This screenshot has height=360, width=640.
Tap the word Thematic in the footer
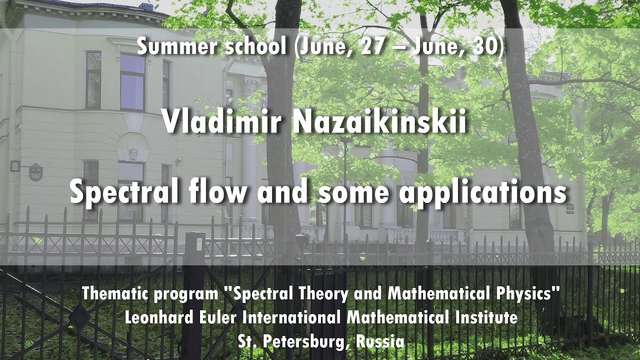(x=115, y=293)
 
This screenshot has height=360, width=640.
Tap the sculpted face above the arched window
(x=133, y=154)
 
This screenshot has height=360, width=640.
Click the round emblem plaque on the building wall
(x=35, y=172)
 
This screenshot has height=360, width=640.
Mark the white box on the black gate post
(x=199, y=244)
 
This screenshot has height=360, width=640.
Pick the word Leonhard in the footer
(x=159, y=317)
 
